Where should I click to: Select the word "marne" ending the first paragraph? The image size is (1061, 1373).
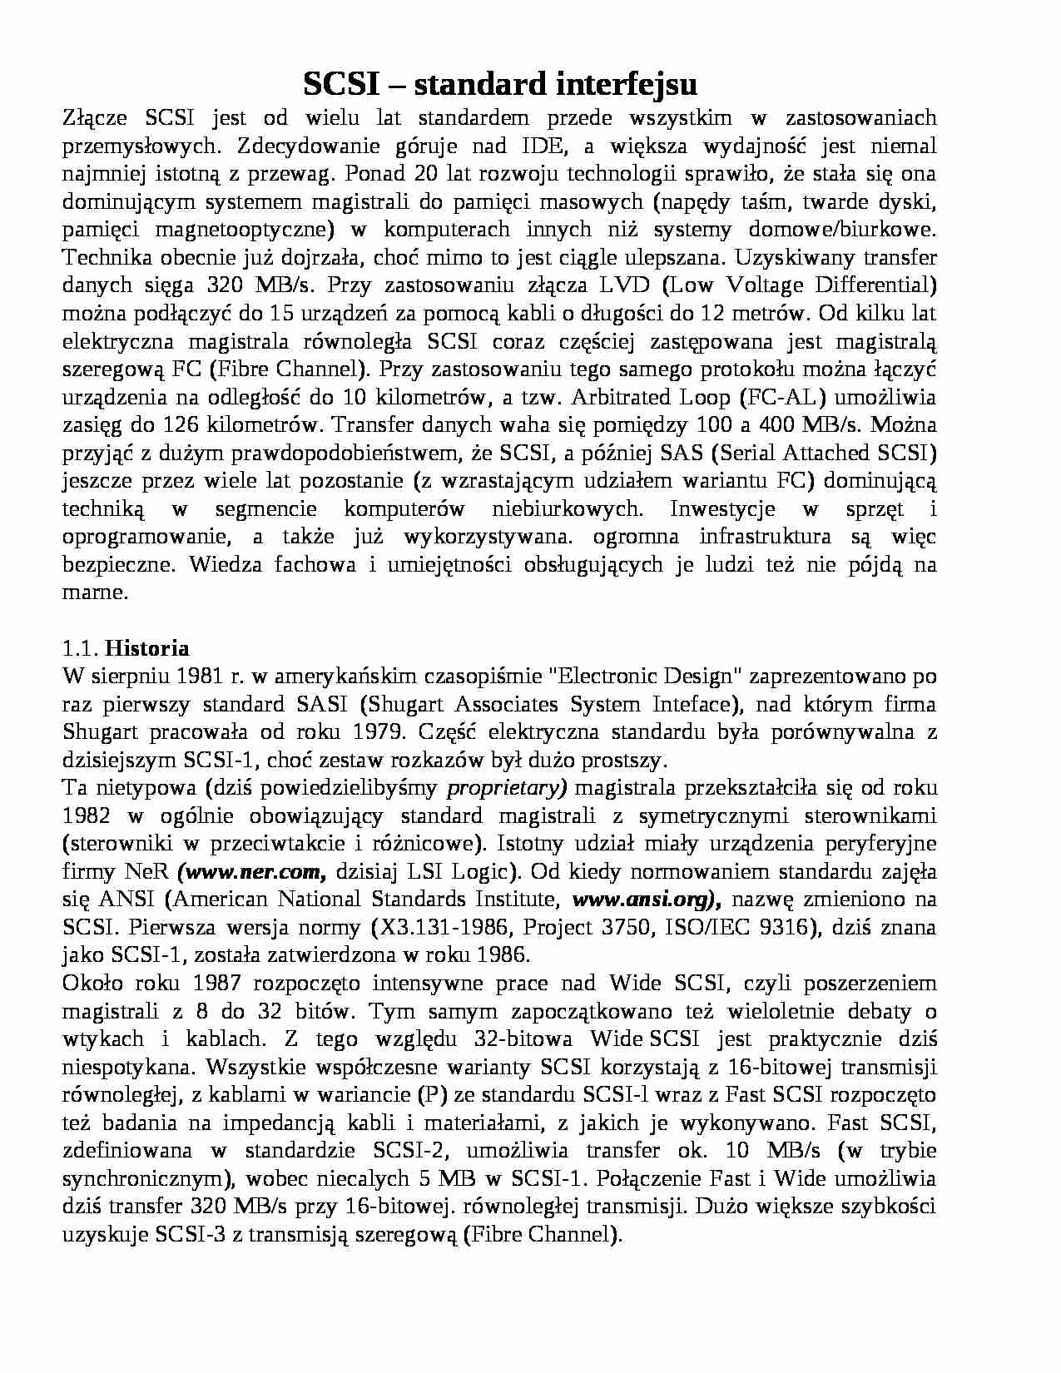coord(94,592)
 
